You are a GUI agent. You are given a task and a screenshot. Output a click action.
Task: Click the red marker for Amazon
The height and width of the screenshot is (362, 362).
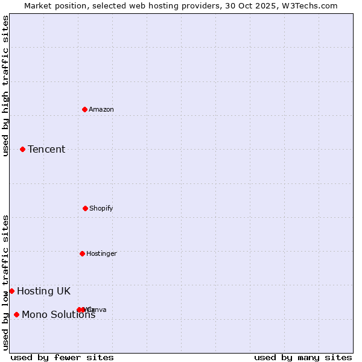pos(85,109)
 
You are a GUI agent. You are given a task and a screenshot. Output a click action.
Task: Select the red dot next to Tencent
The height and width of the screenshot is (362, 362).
pos(22,149)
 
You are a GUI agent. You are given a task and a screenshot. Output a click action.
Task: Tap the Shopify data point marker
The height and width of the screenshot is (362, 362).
pos(85,208)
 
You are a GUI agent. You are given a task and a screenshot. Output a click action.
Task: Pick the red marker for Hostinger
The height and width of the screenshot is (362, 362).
pos(82,253)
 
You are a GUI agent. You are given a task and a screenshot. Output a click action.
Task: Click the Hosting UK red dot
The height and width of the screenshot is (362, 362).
pos(11,291)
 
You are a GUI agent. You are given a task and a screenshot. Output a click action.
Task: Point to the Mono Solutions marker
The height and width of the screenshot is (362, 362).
pos(16,314)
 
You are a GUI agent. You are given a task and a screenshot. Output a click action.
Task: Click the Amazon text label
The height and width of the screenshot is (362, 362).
pos(101,109)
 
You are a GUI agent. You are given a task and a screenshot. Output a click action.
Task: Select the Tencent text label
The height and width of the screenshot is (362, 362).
pos(46,149)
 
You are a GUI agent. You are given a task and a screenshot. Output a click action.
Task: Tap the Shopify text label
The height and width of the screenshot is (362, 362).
pos(101,208)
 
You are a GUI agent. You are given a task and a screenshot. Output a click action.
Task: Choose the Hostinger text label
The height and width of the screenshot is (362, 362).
pos(101,253)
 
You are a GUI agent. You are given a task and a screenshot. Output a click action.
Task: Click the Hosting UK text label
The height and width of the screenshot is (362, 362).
pos(43,291)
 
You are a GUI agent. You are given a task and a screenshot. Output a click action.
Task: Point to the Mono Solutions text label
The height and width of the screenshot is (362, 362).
pos(59,314)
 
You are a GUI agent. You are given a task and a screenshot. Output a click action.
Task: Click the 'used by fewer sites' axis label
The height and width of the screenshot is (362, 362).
pos(62,357)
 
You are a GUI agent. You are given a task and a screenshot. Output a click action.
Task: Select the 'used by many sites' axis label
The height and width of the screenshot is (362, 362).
pos(303,357)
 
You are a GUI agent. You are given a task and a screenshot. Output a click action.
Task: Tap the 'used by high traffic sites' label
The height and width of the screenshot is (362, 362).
pos(6,86)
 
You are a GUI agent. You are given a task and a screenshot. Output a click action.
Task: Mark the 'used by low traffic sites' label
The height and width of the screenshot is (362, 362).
pos(6,282)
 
